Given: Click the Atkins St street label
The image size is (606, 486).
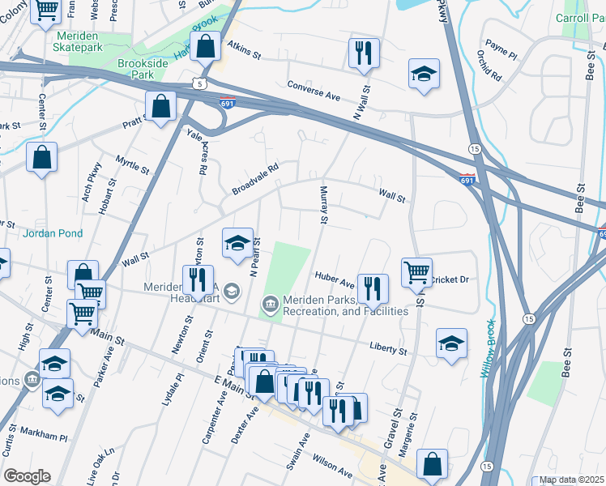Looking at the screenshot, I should click(244, 50).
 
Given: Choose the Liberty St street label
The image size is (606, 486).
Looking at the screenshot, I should click(388, 349).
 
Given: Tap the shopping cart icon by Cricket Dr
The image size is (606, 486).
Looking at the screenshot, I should click(416, 271).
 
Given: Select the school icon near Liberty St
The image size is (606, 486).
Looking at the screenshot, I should click(451, 342).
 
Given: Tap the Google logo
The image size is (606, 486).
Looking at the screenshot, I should click(27, 476).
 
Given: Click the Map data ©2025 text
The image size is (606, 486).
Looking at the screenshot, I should click(571, 480).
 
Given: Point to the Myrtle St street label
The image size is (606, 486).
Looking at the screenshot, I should click(133, 166).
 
